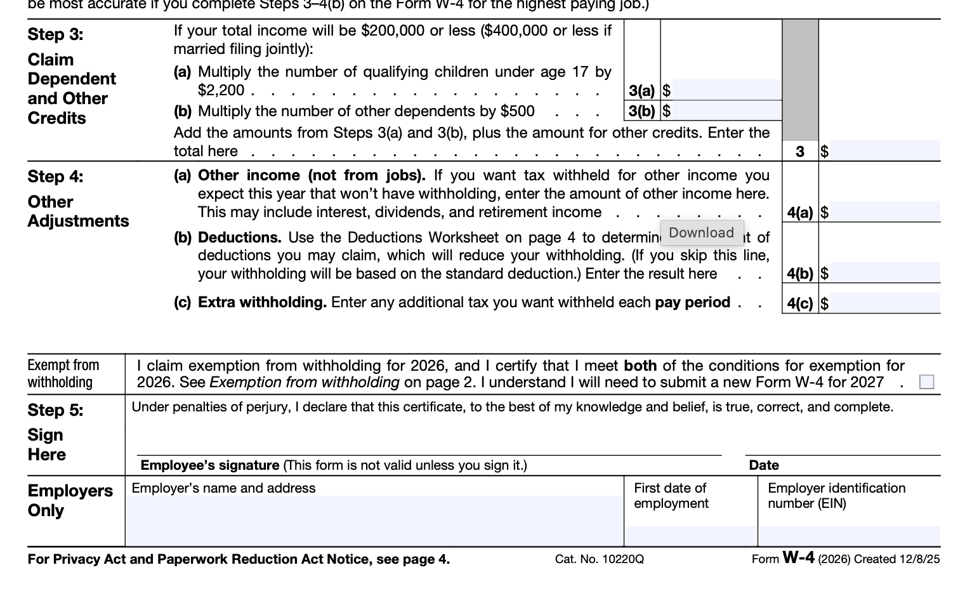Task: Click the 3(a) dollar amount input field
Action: click(726, 90)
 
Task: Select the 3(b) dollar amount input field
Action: click(726, 111)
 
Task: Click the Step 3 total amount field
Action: click(884, 150)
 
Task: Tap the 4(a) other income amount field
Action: click(884, 211)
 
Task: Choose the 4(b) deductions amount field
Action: click(884, 272)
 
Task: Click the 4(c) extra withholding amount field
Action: click(884, 303)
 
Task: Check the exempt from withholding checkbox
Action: click(926, 382)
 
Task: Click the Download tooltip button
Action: click(701, 232)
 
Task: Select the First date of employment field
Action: click(690, 535)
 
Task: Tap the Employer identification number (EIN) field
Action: click(849, 535)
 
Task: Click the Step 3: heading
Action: click(55, 34)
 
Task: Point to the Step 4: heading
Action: click(55, 176)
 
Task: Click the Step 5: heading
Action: click(55, 410)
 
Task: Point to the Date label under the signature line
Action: click(763, 465)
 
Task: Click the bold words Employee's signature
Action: click(209, 465)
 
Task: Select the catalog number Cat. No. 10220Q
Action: click(599, 559)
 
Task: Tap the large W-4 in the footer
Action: click(798, 557)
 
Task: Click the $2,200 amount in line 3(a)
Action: click(221, 90)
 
